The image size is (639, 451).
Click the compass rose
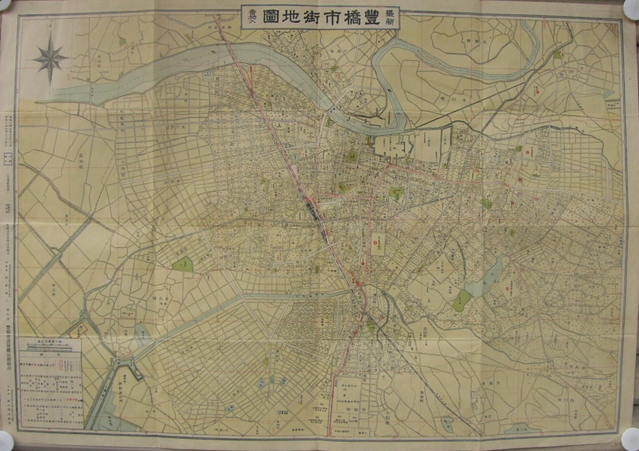[51, 58]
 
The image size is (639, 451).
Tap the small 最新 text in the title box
[391, 18]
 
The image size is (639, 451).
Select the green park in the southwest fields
[183, 264]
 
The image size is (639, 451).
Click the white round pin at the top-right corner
[632, 8]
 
